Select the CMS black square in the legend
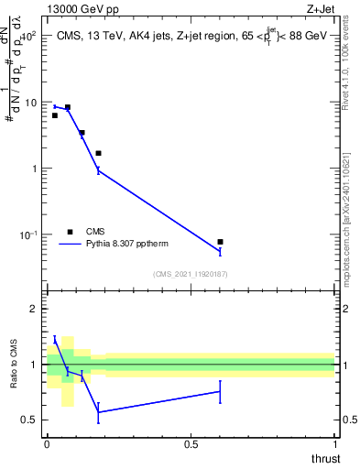click(x=70, y=231)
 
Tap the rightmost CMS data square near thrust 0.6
click(x=220, y=242)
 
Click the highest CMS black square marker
click(x=67, y=107)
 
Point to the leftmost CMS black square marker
click(x=55, y=115)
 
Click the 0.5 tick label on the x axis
click(x=191, y=443)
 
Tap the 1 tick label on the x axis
click(x=334, y=443)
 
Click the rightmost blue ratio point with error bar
click(x=220, y=391)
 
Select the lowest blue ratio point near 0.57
click(x=98, y=412)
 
